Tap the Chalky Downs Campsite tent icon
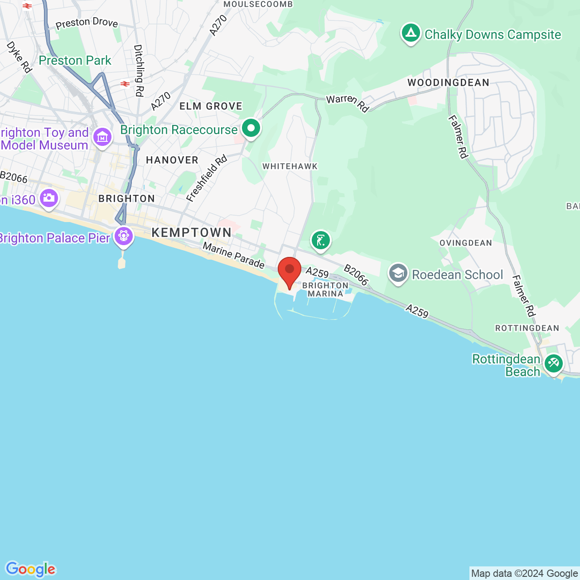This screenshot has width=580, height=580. click(411, 33)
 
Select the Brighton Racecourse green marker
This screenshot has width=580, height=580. click(251, 128)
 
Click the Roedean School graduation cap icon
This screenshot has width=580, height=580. click(398, 273)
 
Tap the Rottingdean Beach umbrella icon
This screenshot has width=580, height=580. click(553, 363)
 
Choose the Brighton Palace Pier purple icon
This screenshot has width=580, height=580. click(123, 236)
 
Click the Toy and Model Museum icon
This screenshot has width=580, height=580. click(102, 137)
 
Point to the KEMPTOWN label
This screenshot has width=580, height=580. click(192, 232)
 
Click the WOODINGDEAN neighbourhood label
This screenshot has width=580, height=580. click(448, 82)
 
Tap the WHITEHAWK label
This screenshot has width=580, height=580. click(290, 166)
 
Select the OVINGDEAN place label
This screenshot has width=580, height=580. click(466, 243)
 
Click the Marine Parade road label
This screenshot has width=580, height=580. click(233, 255)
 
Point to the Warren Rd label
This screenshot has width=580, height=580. click(348, 103)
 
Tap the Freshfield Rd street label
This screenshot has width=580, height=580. click(207, 179)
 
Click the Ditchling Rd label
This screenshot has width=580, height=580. click(139, 70)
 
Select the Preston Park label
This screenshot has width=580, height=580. click(75, 60)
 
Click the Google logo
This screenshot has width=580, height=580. click(30, 569)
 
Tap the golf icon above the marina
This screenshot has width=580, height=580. click(320, 240)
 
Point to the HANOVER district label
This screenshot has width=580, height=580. click(172, 160)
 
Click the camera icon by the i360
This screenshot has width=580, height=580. click(48, 198)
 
